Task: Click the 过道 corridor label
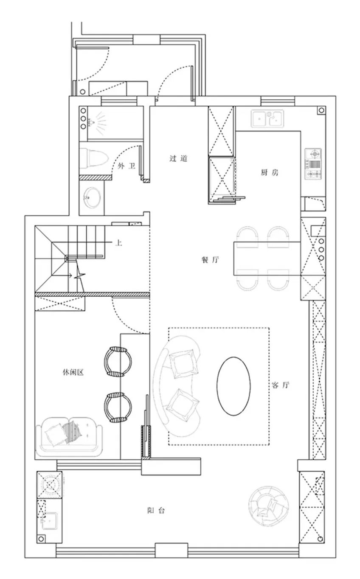pyautogui.click(x=178, y=158)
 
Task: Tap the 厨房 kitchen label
pyautogui.click(x=270, y=172)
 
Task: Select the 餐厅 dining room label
pyautogui.click(x=211, y=259)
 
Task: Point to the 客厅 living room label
pyautogui.click(x=281, y=385)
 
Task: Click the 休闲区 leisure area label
pyautogui.click(x=73, y=372)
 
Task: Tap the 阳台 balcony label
pyautogui.click(x=156, y=510)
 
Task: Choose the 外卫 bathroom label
pyautogui.click(x=127, y=166)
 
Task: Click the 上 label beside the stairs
pyautogui.click(x=118, y=243)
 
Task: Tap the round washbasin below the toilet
pyautogui.click(x=91, y=197)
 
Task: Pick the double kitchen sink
pyautogui.click(x=267, y=118)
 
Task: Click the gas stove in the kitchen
pyautogui.click(x=313, y=164)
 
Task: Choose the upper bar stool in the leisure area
pyautogui.click(x=118, y=361)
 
